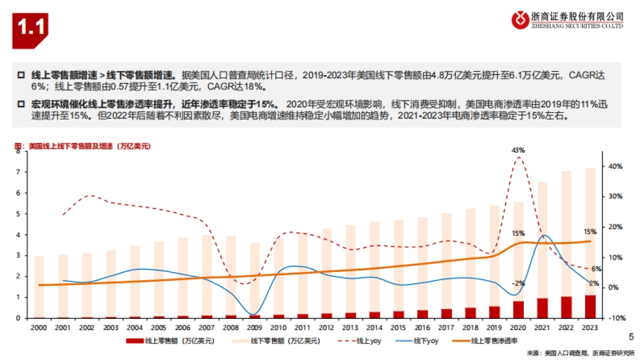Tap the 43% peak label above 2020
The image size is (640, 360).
click(x=518, y=150)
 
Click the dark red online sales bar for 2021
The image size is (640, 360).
click(x=542, y=308)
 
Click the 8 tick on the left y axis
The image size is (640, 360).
click(x=19, y=151)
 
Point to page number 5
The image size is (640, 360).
click(x=631, y=337)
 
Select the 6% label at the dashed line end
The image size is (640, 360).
click(x=596, y=269)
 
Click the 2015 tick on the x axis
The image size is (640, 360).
click(x=399, y=325)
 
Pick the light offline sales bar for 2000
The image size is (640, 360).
click(x=39, y=286)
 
